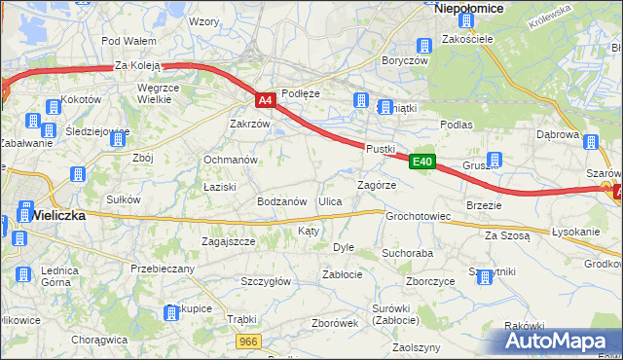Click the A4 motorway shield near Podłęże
pyautogui.click(x=265, y=99)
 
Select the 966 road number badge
pyautogui.click(x=249, y=341)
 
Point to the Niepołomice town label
pyautogui.click(x=468, y=8)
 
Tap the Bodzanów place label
pyautogui.click(x=282, y=201)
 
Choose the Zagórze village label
pyautogui.click(x=376, y=184)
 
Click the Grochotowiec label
pyautogui.click(x=418, y=216)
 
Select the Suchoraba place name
pyautogui.click(x=407, y=253)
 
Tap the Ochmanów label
pyautogui.click(x=230, y=160)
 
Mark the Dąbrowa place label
pyautogui.click(x=558, y=135)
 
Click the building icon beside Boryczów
pyautogui.click(x=423, y=46)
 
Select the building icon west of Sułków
pyautogui.click(x=75, y=175)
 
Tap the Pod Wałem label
pyautogui.click(x=128, y=41)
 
